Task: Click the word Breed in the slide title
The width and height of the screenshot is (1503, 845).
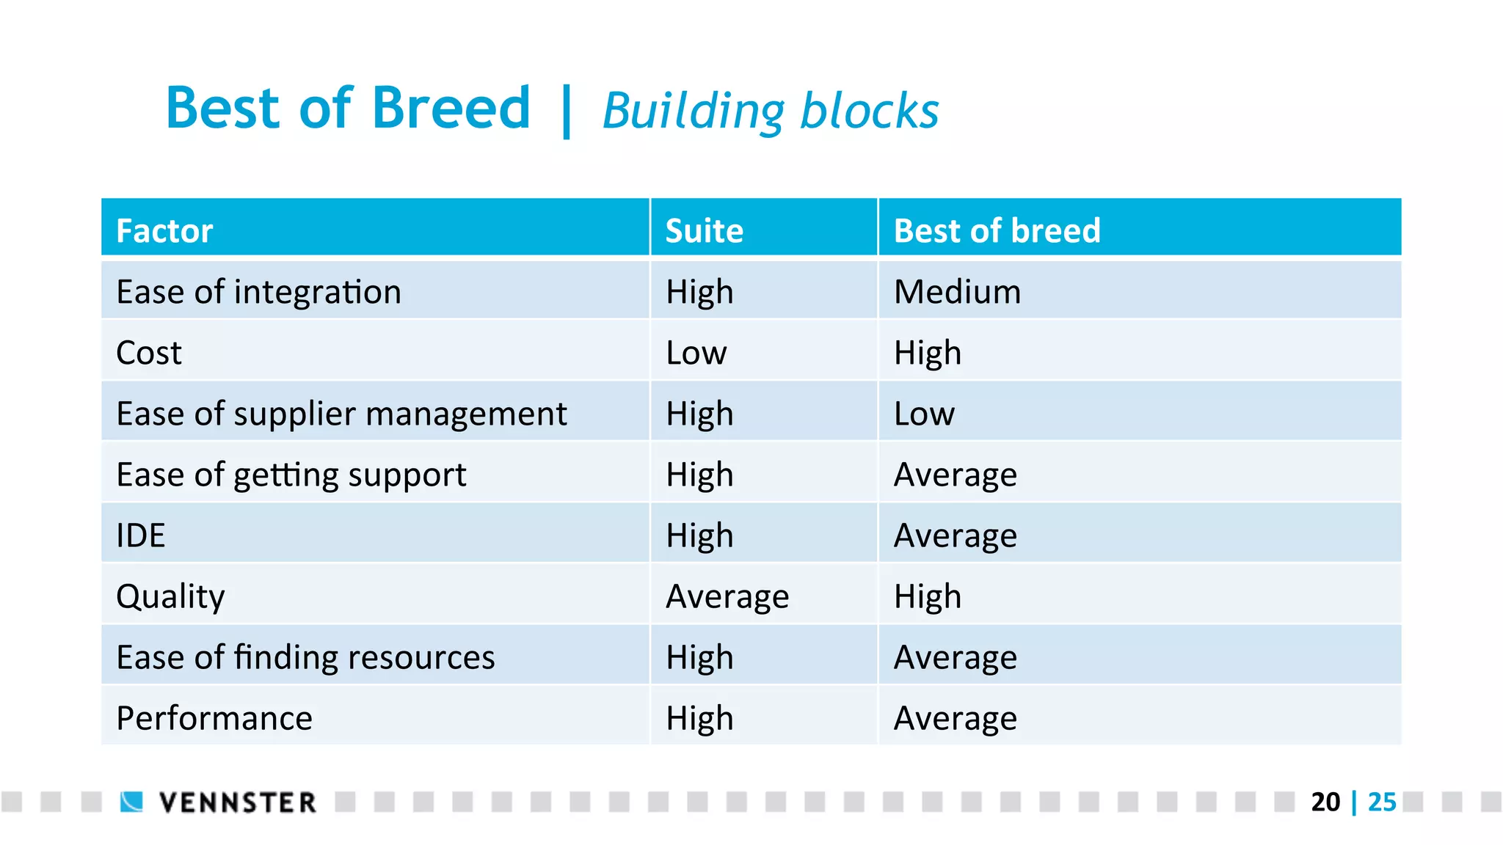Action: coord(451,109)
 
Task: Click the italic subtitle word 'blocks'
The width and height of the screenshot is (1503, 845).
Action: coord(869,111)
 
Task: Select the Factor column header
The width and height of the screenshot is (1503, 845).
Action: coord(164,231)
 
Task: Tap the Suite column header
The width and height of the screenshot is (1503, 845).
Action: coord(704,231)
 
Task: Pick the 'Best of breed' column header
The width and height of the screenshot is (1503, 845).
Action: coord(997,231)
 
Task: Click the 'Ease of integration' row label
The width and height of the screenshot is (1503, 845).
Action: coord(258,292)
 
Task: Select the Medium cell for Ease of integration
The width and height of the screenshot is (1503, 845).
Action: coord(957,292)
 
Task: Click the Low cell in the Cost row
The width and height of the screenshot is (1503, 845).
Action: coord(696,353)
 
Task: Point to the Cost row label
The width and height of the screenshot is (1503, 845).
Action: coord(148,353)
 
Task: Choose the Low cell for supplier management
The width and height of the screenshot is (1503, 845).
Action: coord(924,414)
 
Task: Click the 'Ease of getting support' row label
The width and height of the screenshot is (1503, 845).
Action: coord(291,475)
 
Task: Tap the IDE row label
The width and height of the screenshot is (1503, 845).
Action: coord(140,535)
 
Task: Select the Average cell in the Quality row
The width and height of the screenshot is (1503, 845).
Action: coord(727,596)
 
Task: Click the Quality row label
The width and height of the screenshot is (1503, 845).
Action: coord(170,596)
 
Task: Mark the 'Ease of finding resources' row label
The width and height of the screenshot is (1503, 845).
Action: coord(305,657)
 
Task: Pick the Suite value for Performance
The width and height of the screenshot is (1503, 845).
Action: coord(699,718)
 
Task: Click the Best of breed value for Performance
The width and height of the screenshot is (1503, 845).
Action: coord(955,718)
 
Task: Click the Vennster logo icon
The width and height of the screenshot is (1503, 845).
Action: coord(132,802)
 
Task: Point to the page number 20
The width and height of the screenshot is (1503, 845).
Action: coord(1325,802)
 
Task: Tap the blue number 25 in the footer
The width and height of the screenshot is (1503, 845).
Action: coord(1382,802)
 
